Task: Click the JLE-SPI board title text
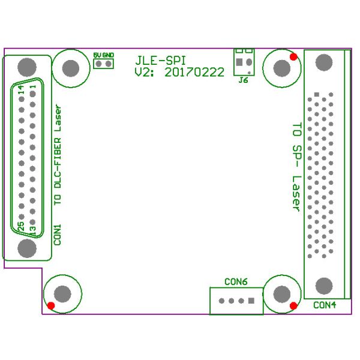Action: coord(160,61)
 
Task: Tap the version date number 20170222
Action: coord(194,73)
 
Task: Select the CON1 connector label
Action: coord(58,235)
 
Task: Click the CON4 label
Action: coord(325,305)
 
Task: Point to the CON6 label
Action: coord(236,282)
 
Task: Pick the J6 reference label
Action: coord(244,80)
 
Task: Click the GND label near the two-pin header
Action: coord(108,55)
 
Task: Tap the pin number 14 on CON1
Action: coord(21,90)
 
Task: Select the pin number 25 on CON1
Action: coord(20,226)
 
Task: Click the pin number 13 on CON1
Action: coord(32,230)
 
